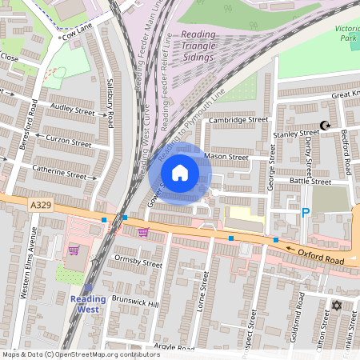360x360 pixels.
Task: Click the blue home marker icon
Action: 180,172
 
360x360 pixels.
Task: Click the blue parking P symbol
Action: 305,212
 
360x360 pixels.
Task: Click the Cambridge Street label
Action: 238,120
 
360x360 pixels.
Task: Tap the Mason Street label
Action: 226,157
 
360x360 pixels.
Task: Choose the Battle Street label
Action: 310,182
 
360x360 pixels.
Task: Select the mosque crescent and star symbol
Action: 325,126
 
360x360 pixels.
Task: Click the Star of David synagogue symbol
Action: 336,305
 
